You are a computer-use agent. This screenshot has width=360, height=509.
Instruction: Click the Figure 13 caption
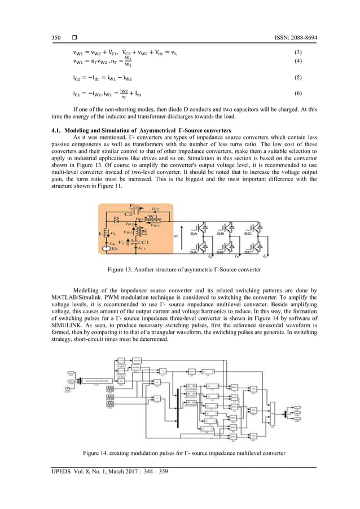180,270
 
